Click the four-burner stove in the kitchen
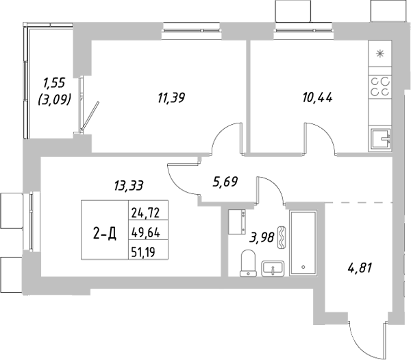click(380, 86)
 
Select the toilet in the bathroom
click(249, 264)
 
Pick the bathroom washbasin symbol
click(273, 267)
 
